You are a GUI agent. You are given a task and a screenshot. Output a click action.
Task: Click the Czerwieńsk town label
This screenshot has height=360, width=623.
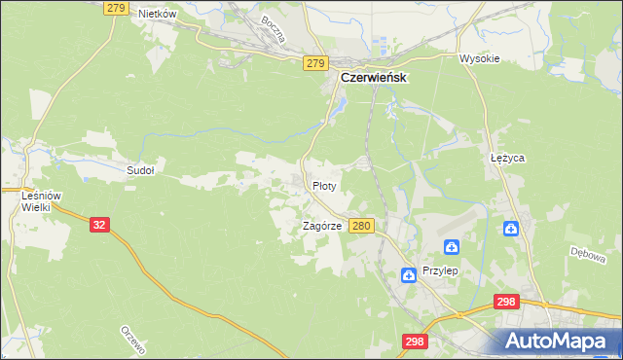[x=372, y=77]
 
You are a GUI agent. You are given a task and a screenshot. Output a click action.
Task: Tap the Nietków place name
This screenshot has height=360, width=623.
[x=157, y=14]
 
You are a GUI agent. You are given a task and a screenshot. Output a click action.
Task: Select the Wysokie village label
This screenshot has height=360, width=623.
[x=479, y=58]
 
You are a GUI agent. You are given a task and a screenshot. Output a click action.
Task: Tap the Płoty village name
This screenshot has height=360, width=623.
[x=324, y=184]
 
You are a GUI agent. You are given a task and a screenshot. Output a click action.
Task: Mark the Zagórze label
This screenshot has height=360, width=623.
[x=321, y=225]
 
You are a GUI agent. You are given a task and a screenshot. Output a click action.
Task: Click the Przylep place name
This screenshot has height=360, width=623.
[x=440, y=272]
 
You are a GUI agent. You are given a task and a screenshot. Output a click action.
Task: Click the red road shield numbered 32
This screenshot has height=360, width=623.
[x=99, y=224]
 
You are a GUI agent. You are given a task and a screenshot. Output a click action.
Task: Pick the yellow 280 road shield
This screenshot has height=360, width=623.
[x=361, y=226]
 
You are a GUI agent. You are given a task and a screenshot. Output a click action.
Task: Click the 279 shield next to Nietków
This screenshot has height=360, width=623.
[x=116, y=8]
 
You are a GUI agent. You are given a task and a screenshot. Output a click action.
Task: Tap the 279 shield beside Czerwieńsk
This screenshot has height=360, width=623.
[x=313, y=63]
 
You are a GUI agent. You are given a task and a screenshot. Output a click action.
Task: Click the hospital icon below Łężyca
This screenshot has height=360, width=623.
[x=511, y=229]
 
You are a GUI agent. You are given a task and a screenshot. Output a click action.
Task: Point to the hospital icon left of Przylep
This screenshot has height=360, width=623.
[x=408, y=275]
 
